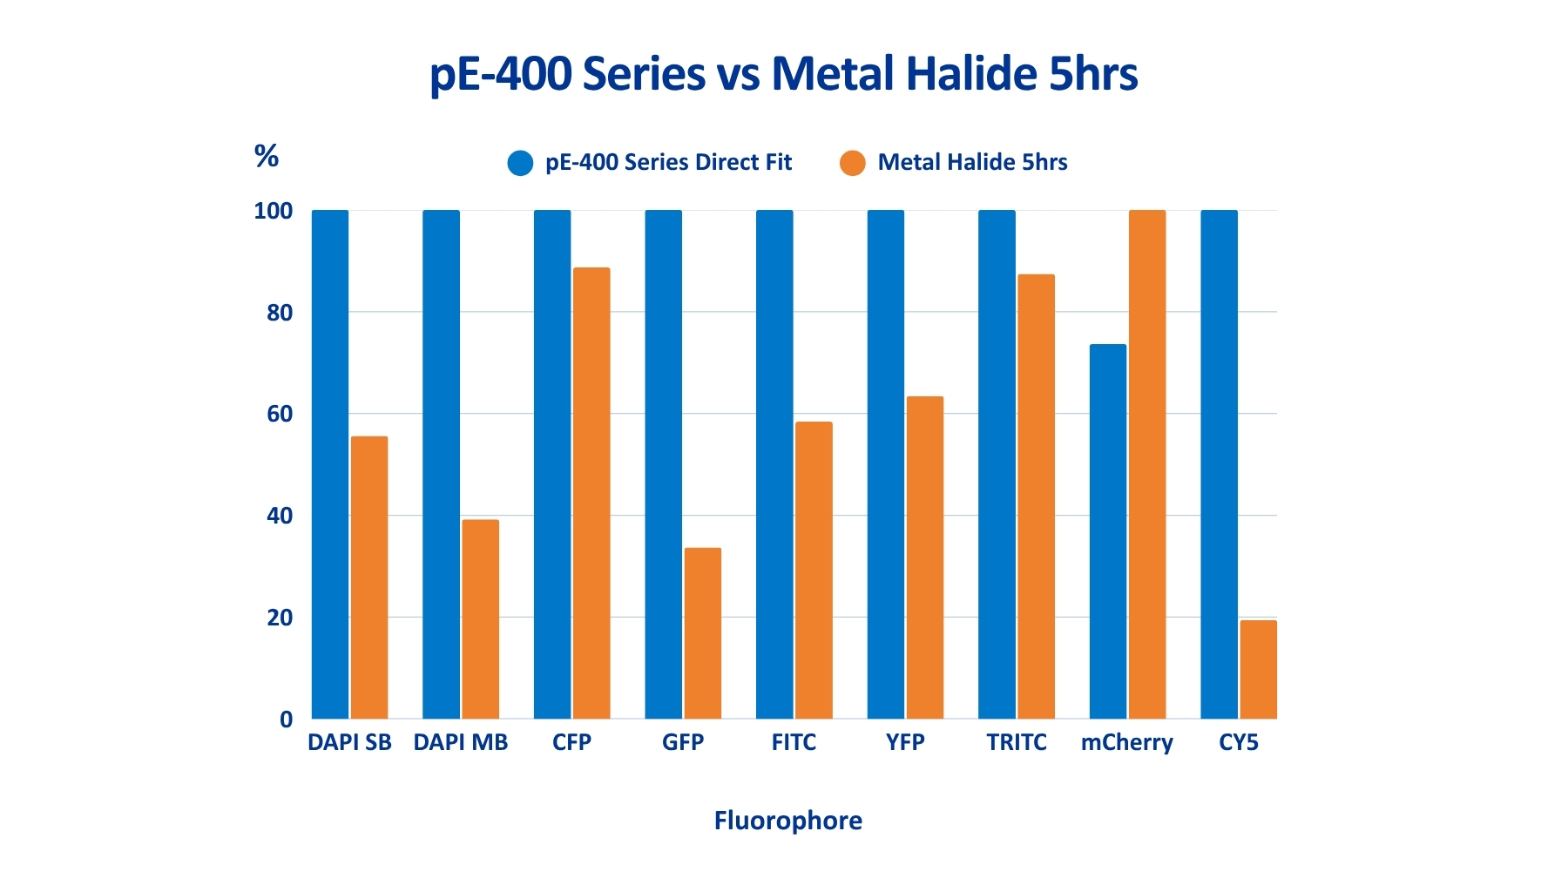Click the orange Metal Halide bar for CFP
[x=591, y=493]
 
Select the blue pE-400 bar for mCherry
[x=1108, y=531]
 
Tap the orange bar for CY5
[x=1258, y=669]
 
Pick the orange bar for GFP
[x=703, y=633]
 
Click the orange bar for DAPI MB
[x=481, y=619]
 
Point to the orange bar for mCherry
[x=1147, y=464]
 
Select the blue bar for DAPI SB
[x=330, y=464]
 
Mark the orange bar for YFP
[x=925, y=557]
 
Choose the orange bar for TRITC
[x=1036, y=497]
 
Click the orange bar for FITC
[x=814, y=571]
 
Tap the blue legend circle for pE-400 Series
[x=520, y=163]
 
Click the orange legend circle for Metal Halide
[x=853, y=163]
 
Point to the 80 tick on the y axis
[x=280, y=313]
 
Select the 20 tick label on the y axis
[x=280, y=618]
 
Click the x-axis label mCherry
[x=1126, y=743]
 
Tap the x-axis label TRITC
[x=1017, y=743]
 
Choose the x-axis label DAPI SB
[x=349, y=743]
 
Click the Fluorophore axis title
[x=787, y=821]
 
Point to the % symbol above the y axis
[x=267, y=156]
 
